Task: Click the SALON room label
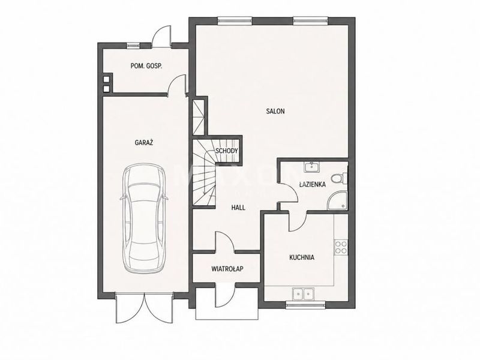coord(275,111)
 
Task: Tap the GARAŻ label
coord(144,142)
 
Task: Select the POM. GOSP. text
coord(146,66)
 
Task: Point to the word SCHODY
coord(227,151)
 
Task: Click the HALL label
coord(238,208)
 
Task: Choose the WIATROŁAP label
coord(227,269)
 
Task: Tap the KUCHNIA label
coord(302,257)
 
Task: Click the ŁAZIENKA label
coord(312,184)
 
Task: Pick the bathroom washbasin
coord(311,167)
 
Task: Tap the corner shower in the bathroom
coord(337,201)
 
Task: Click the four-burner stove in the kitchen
coord(341,247)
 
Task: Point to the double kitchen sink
coord(303,294)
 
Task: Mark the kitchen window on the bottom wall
coord(305,304)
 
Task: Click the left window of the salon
coord(235,21)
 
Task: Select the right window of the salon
coord(311,21)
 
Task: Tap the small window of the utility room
coord(133,46)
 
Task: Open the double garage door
coord(144,307)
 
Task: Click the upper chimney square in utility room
coord(106,79)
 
